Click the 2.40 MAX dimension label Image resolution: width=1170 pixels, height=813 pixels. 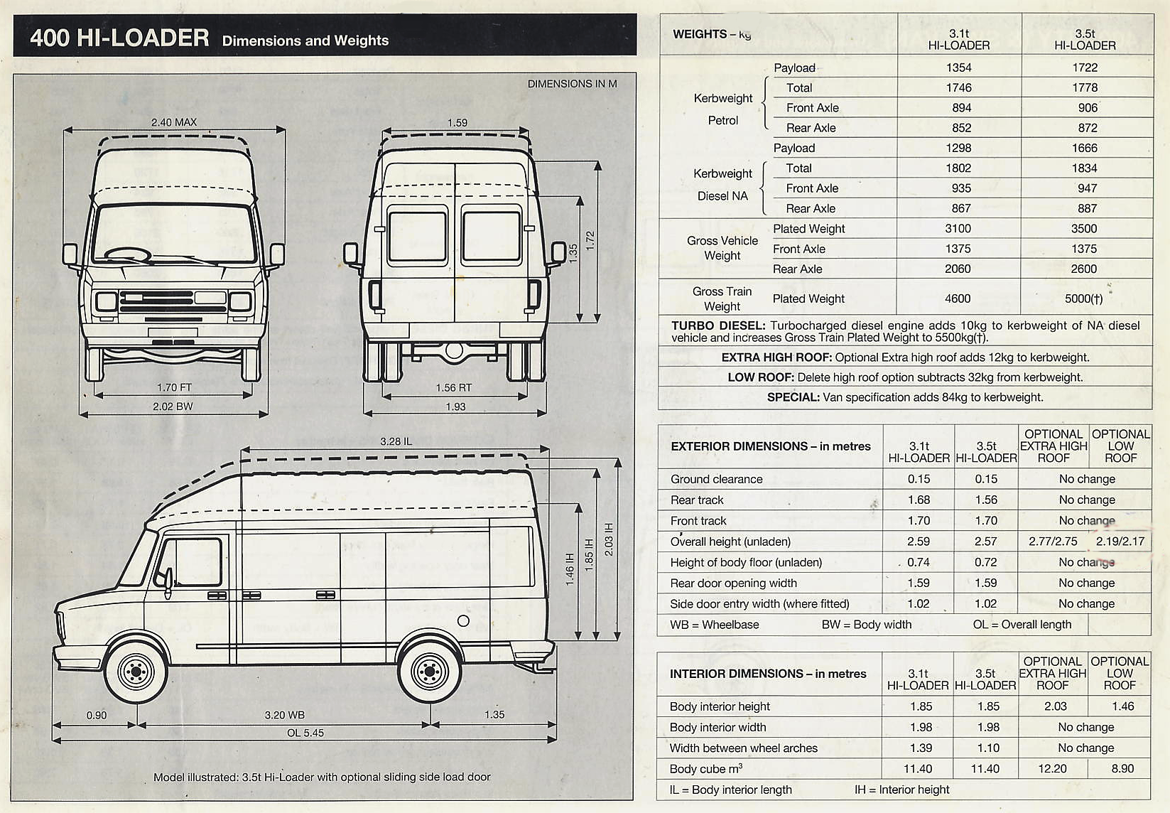pyautogui.click(x=173, y=122)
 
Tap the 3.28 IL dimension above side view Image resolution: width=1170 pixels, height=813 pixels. pyautogui.click(x=396, y=441)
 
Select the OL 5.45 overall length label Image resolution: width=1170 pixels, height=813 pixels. pyautogui.click(x=305, y=733)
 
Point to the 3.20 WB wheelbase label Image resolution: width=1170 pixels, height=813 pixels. pyautogui.click(x=284, y=715)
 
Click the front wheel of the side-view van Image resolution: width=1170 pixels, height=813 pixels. pyautogui.click(x=135, y=670)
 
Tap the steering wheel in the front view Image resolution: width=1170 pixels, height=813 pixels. pyautogui.click(x=128, y=254)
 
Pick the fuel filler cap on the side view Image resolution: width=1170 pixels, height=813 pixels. pyautogui.click(x=463, y=620)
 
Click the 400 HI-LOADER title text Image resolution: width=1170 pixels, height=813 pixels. pyautogui.click(x=119, y=37)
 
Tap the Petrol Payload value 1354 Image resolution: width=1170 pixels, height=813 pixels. pyautogui.click(x=958, y=68)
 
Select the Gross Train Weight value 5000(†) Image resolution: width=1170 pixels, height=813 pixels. pyautogui.click(x=1083, y=298)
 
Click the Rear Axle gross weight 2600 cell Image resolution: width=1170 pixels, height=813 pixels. pyautogui.click(x=1084, y=269)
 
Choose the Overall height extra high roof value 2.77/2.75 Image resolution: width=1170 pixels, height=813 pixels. pyautogui.click(x=1053, y=542)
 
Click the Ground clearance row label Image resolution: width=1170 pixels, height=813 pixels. pyautogui.click(x=716, y=479)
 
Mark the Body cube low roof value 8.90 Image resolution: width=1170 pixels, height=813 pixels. pyautogui.click(x=1122, y=768)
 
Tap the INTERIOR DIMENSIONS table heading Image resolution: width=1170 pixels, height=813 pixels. pyautogui.click(x=768, y=674)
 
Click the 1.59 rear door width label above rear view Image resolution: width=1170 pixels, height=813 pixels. pyautogui.click(x=457, y=123)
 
